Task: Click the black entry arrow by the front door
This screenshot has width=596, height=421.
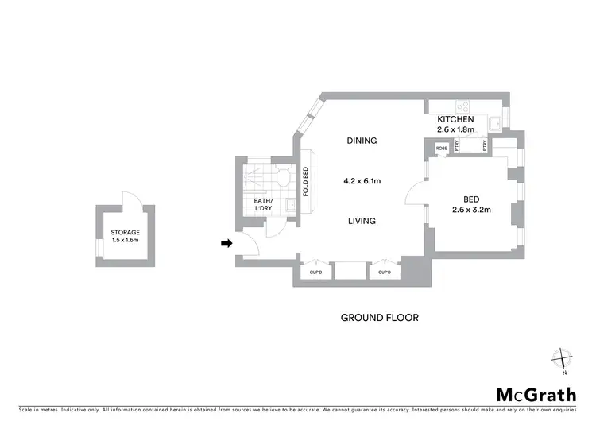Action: click(226, 243)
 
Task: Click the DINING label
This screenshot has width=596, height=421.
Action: click(362, 141)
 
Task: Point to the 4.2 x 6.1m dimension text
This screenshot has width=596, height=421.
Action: click(362, 181)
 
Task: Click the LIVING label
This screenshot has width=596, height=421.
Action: click(362, 221)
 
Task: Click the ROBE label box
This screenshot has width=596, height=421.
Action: click(442, 149)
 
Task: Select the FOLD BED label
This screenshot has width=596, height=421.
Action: click(306, 181)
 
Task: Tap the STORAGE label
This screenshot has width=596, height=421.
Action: click(126, 232)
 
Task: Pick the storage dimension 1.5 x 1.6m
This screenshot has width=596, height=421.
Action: click(126, 239)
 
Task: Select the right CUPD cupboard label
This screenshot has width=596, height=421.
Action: click(385, 272)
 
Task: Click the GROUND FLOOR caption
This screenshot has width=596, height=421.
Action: click(379, 318)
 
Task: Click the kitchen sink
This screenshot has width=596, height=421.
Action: click(495, 124)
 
